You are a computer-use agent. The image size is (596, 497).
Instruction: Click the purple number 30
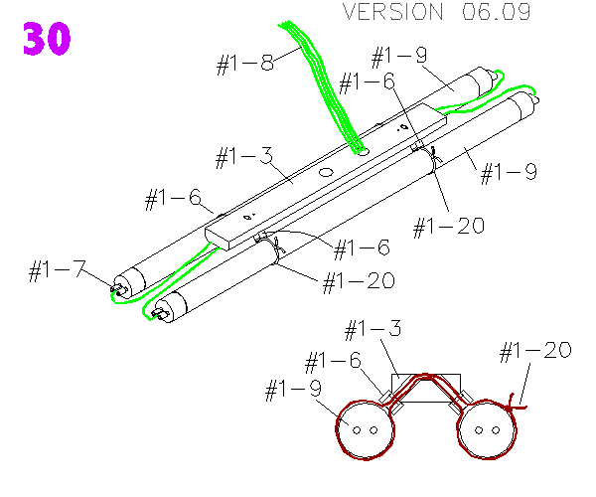[46, 40]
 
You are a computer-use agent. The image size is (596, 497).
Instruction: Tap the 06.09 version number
[495, 13]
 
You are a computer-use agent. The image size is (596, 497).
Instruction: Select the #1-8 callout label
[244, 65]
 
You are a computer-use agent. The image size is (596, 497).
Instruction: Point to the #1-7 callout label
[56, 270]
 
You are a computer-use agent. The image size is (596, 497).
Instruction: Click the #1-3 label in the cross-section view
[372, 328]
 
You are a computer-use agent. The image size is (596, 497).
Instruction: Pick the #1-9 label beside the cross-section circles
[293, 391]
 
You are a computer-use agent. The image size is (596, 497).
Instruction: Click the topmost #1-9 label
[398, 57]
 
